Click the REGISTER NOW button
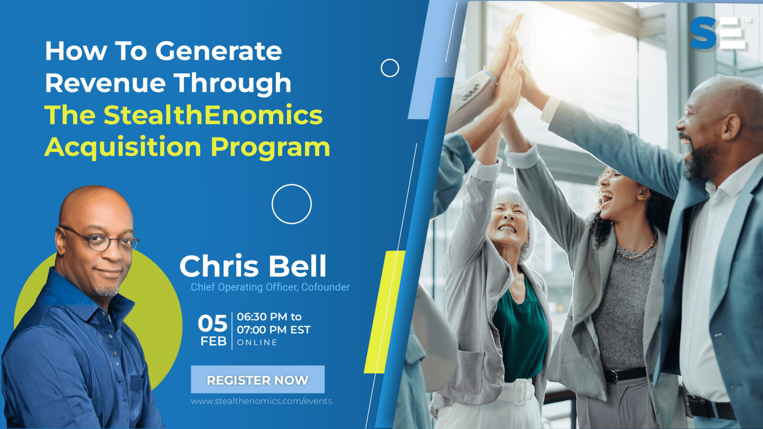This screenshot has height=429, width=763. pos(258,379)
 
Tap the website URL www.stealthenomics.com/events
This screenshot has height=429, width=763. pos(261,401)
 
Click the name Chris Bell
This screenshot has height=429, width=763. pos(253,266)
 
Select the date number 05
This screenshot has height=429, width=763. pos(213,323)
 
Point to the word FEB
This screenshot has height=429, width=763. pos(213,341)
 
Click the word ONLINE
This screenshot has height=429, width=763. pos(257,342)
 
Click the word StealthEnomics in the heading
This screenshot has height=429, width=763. pos(213,115)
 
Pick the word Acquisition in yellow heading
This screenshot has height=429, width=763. pos(123,147)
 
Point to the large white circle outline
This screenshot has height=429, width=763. pos(292,185)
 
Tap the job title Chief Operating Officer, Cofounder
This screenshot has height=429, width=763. pos(270,287)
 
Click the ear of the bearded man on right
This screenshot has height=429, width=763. pos(731,126)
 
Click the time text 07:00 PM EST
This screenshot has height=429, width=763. pos(273,330)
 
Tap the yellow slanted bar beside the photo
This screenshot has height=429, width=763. pos(385,312)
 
